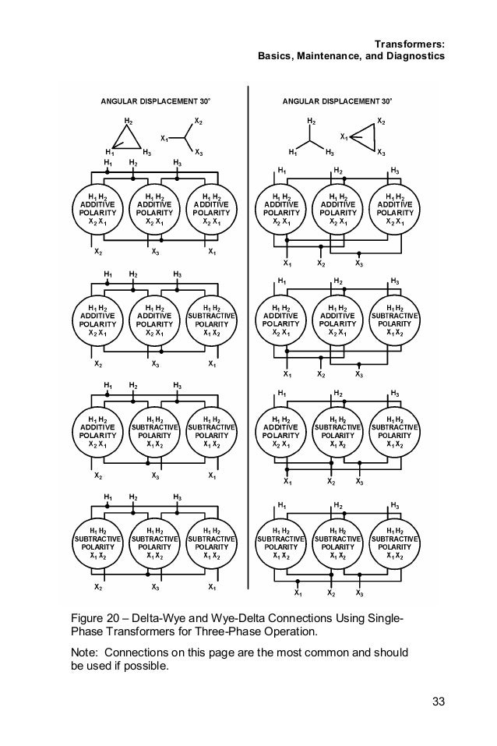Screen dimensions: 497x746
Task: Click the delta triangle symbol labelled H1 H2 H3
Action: (x=126, y=138)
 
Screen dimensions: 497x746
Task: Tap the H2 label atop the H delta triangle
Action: (x=128, y=120)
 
